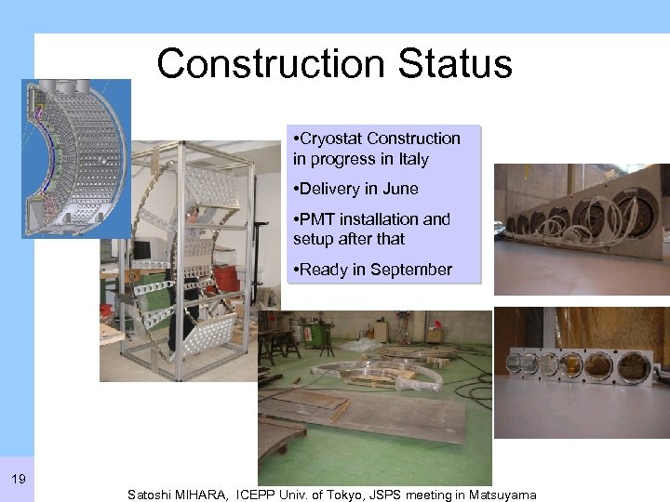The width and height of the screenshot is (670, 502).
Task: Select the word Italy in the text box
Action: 409,159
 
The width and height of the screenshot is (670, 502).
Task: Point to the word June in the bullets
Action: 399,189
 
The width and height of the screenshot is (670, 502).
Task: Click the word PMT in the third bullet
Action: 315,219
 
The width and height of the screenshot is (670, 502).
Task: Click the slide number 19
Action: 18,479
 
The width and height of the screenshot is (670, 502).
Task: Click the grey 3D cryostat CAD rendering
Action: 76,158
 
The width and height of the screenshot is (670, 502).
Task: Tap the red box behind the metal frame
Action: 226,277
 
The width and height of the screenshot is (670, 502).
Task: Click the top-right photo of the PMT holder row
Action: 581,229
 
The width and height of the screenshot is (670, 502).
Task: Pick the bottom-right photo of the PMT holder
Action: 581,372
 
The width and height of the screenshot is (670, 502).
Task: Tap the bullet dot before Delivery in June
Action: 295,189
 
